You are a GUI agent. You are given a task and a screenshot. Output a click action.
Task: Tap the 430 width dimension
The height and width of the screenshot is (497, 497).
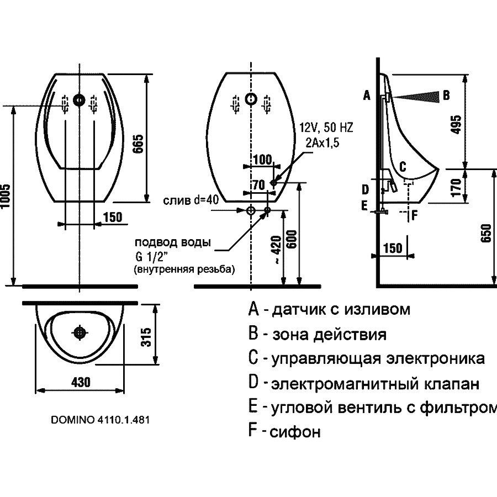tap(81, 382)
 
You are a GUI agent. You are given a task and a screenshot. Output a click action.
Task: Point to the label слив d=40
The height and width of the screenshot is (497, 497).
tap(191, 200)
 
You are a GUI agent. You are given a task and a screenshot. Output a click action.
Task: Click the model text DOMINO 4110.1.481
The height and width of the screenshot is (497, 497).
tap(101, 419)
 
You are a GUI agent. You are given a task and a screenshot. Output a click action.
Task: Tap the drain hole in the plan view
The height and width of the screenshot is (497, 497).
tap(81, 332)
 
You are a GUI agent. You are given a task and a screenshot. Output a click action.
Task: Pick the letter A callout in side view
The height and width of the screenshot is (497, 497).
tap(366, 96)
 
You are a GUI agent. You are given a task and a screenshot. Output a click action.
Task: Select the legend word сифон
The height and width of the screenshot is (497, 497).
tap(295, 432)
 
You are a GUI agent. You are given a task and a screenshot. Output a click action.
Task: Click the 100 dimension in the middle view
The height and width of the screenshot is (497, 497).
tap(262, 160)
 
